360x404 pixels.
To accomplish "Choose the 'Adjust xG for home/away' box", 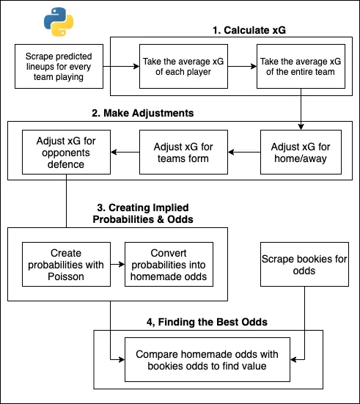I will pos(301,152).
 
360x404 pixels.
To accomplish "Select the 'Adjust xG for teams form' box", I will pos(180,152).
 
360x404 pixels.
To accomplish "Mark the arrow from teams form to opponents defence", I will pos(120,152).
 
